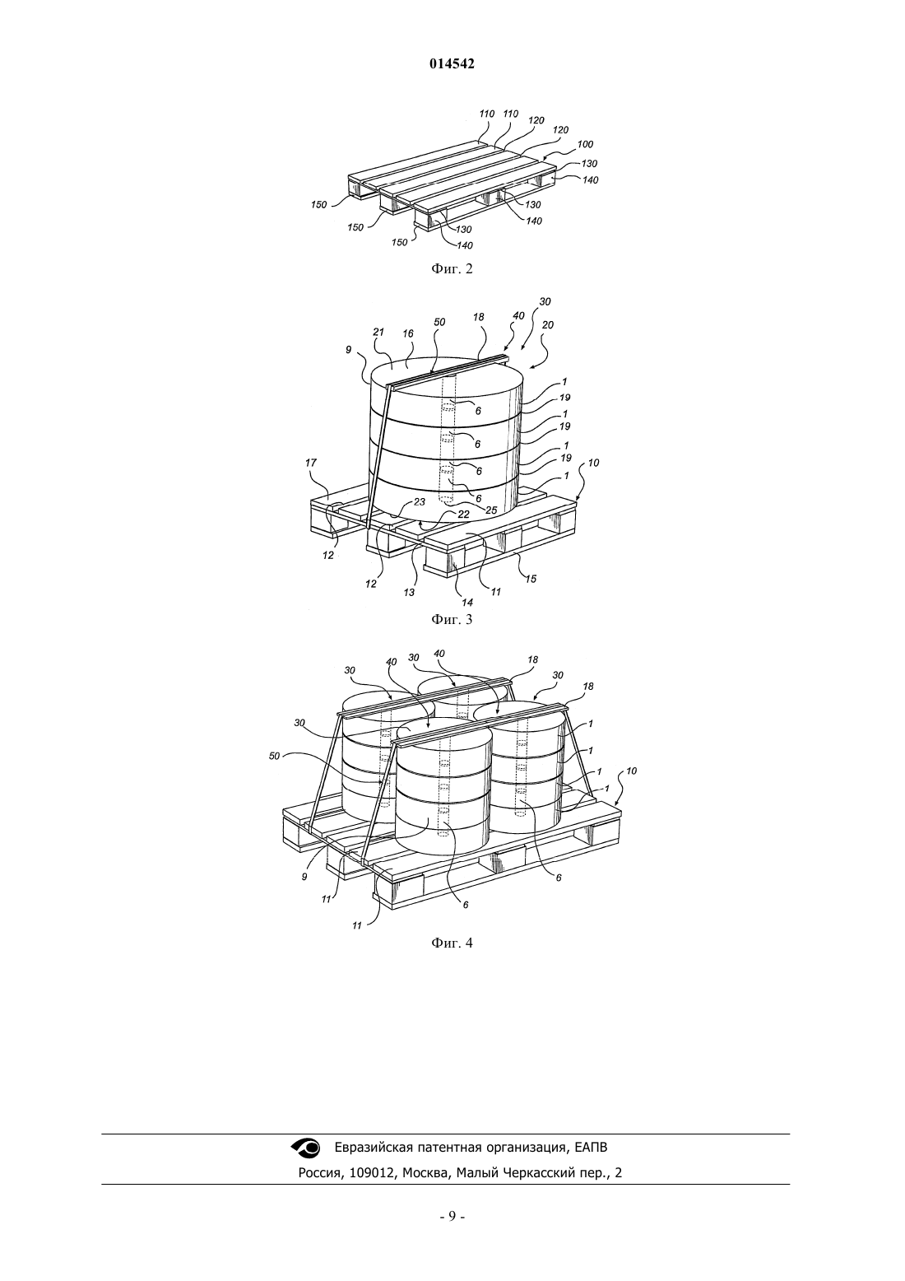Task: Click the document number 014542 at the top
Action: [452, 64]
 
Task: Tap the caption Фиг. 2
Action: [452, 268]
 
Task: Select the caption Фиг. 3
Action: [452, 619]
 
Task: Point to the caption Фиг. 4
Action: [452, 943]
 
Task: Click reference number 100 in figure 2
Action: [585, 145]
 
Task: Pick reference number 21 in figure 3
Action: [378, 333]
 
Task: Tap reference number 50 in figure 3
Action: [439, 323]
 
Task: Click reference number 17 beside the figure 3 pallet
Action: [311, 463]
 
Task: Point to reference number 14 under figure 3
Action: [467, 602]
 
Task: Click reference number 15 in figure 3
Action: [531, 579]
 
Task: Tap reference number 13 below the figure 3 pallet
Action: [409, 593]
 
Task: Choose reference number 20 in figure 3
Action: [547, 325]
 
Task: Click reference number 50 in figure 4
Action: [274, 756]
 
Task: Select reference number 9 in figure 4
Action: [304, 875]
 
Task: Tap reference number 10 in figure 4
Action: [631, 771]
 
